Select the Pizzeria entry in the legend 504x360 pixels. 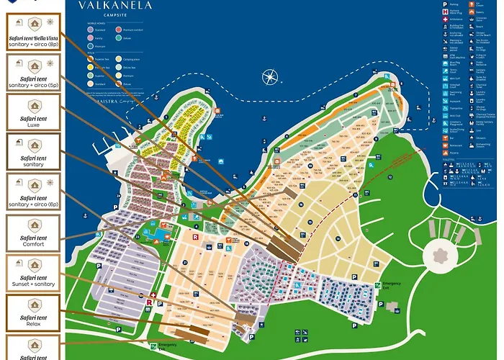[x=445, y=153]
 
